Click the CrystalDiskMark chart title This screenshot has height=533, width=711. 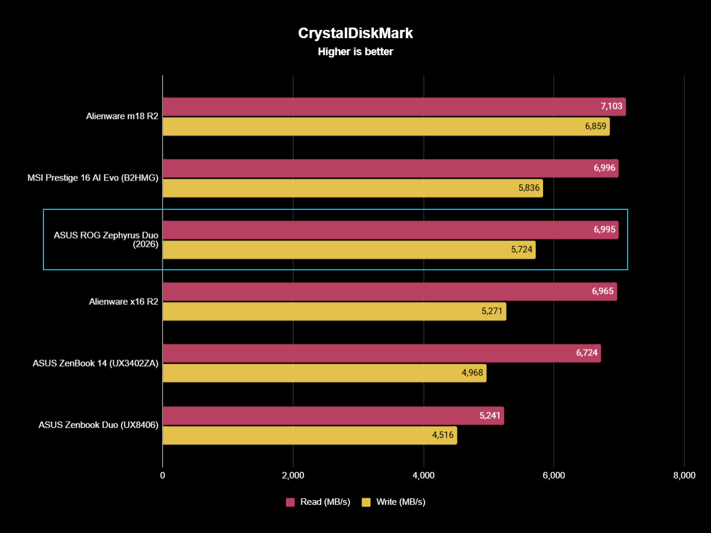pos(355,33)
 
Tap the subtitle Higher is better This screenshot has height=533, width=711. pos(355,52)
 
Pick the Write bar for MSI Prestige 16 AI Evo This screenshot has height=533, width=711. pos(352,188)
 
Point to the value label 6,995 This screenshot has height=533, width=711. pos(604,230)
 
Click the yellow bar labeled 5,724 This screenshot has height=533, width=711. pos(349,250)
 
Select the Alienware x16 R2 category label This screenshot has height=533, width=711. pos(123,301)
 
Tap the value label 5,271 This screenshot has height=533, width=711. pos(492,311)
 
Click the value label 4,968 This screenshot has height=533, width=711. pos(472,373)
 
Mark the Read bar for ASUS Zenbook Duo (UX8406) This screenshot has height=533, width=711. pos(333,416)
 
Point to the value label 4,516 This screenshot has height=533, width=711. pos(443,435)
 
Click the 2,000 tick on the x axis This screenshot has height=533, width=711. pos(293,475)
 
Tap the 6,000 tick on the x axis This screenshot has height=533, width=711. pos(554,475)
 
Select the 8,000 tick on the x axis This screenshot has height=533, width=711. pos(684,475)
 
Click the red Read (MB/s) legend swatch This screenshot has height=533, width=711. pos(290,502)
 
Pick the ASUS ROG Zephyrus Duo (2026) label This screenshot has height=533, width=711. pos(106,240)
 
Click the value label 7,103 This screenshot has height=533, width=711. pos(611,106)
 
